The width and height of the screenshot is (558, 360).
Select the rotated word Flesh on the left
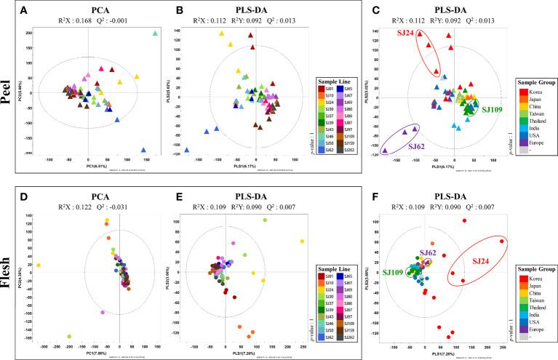9,271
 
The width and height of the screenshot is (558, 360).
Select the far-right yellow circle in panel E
301,241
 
